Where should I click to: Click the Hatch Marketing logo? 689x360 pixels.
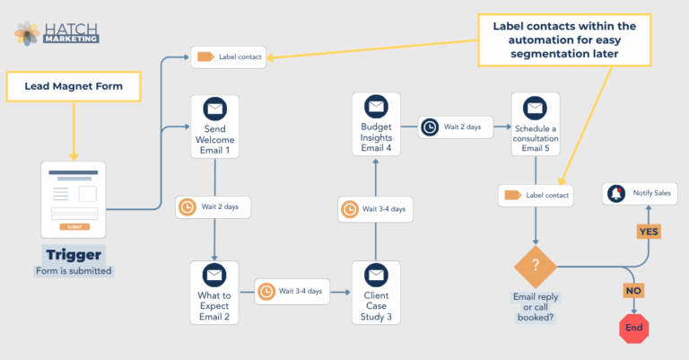tap(56, 32)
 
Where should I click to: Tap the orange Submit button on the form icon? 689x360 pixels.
tap(74, 227)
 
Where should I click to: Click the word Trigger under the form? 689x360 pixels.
tap(74, 254)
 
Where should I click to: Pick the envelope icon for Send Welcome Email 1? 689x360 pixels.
tap(214, 110)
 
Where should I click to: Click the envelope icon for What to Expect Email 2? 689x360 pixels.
tap(214, 275)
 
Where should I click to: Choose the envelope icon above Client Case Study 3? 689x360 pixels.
tap(375, 275)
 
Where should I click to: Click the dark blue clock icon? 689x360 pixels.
tap(430, 127)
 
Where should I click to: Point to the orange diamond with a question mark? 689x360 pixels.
tap(536, 267)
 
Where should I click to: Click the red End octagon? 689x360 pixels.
tap(634, 328)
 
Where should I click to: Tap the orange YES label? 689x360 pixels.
tap(648, 231)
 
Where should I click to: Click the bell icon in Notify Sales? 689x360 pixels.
tap(616, 193)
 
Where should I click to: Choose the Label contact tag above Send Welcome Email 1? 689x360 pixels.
tap(204, 57)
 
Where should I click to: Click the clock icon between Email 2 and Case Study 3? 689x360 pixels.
tap(266, 291)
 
